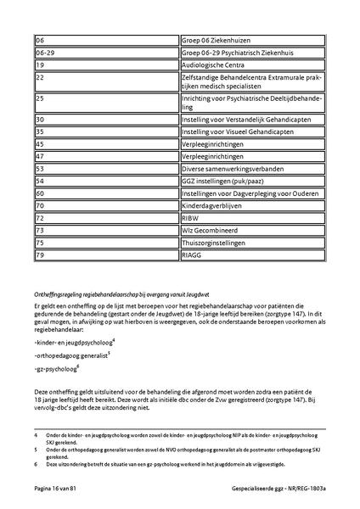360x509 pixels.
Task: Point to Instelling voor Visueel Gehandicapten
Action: pos(252,132)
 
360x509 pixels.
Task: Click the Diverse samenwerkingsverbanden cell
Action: pos(252,169)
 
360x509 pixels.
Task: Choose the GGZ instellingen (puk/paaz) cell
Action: pos(252,181)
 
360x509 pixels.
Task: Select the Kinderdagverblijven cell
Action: pos(252,205)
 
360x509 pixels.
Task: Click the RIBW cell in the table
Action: pos(252,217)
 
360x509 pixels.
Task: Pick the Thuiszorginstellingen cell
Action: pos(252,242)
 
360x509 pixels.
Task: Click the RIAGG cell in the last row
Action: pos(252,254)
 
